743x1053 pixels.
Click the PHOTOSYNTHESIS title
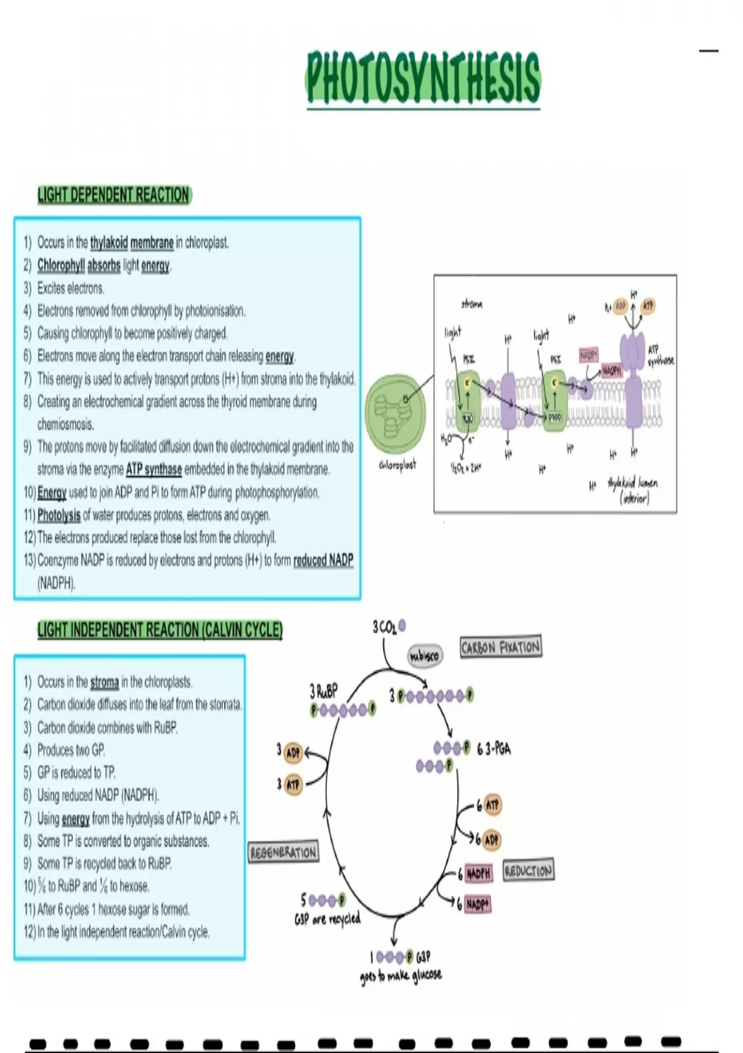[x=423, y=79]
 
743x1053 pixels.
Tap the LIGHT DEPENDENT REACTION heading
[x=113, y=195]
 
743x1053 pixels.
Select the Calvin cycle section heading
[x=160, y=631]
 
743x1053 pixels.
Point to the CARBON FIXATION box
[x=500, y=647]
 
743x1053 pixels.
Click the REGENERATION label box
[x=283, y=852]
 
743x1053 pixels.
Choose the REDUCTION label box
[x=528, y=870]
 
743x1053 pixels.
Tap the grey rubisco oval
[x=425, y=655]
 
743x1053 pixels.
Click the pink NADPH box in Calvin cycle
[x=478, y=873]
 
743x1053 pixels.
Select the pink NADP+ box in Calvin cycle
[x=477, y=904]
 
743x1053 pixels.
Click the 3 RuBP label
[x=323, y=691]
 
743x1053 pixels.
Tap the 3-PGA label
[x=494, y=749]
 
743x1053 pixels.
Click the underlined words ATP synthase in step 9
[x=154, y=470]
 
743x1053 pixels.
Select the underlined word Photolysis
[x=59, y=515]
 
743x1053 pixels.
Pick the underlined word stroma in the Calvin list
[x=104, y=683]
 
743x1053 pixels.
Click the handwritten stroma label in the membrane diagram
[x=472, y=304]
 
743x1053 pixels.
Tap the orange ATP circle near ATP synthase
[x=648, y=306]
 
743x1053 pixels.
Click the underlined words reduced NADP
[x=323, y=561]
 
